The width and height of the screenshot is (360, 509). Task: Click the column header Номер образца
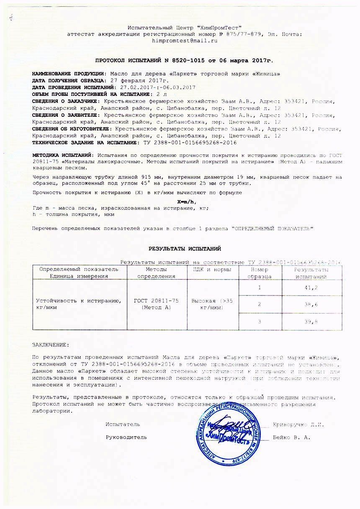coord(260,273)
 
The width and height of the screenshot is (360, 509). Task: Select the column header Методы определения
coord(157,273)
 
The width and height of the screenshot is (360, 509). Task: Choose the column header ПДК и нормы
coord(212,270)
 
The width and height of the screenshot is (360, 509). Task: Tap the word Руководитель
coord(126,437)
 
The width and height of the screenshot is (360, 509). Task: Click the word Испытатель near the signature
coord(123,424)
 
